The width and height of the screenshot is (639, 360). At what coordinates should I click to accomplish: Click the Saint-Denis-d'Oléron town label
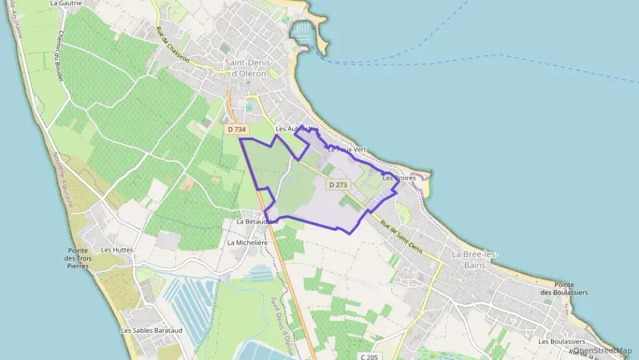248,68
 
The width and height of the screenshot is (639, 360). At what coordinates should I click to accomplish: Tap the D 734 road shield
236,129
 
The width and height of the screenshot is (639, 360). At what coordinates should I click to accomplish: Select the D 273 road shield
338,184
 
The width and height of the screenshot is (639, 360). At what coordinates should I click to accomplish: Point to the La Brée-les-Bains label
474,259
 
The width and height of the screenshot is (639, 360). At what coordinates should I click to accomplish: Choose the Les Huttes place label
117,250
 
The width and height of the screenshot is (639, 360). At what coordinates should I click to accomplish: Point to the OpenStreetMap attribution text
602,350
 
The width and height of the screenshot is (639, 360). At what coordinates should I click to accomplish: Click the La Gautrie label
66,3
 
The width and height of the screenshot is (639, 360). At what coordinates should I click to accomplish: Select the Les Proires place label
399,178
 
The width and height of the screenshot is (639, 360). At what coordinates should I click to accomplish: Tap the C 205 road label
369,357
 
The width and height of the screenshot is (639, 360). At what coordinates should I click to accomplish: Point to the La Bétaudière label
257,222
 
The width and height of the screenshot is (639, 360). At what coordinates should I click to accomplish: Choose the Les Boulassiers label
561,342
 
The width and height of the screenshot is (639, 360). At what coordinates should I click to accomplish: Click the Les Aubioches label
296,128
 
